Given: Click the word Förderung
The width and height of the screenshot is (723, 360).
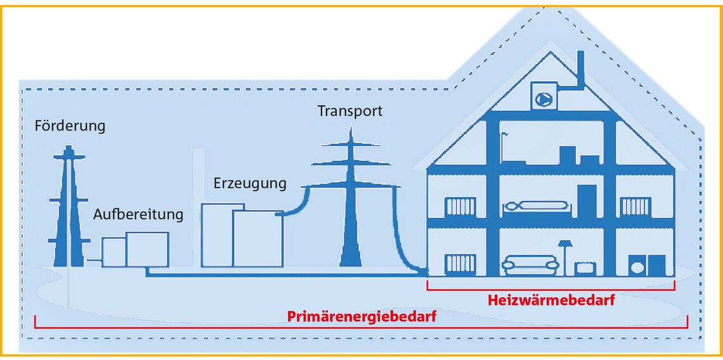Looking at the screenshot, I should (x=70, y=125).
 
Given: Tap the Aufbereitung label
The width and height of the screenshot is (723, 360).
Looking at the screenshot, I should (x=138, y=214).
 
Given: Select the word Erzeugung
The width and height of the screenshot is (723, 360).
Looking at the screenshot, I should (x=250, y=184).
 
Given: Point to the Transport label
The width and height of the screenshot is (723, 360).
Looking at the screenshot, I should (x=350, y=111).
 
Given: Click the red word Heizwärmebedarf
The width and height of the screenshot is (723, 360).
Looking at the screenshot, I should (x=550, y=300).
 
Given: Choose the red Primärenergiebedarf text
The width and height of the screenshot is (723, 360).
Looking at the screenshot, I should (x=361, y=317).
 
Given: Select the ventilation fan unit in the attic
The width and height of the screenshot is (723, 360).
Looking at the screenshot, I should (x=543, y=98).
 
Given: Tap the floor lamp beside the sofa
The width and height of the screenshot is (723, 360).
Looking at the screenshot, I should (x=564, y=257).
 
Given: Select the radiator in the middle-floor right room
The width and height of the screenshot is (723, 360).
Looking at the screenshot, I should (x=635, y=207).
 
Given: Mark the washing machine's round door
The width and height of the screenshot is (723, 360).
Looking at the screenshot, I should (x=636, y=267).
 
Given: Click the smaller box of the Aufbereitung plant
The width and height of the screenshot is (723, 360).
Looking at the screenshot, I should (x=114, y=252).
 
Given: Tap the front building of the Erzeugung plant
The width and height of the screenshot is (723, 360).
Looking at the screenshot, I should (x=257, y=238).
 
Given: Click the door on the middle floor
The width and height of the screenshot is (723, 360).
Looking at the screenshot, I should (x=587, y=201).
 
